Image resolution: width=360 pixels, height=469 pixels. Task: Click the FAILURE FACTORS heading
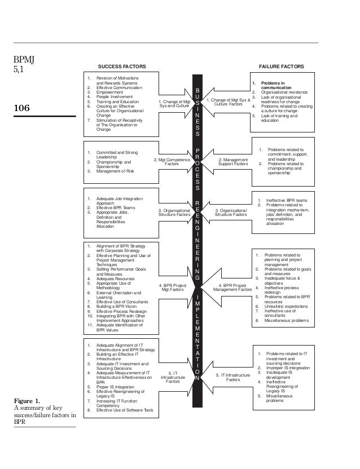[280, 67]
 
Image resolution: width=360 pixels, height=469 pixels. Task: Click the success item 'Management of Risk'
[115, 171]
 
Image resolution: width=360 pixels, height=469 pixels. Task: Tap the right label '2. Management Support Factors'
[231, 162]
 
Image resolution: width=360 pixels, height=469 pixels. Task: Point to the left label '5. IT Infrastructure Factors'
[173, 377]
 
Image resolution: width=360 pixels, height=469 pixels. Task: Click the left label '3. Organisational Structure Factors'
[175, 213]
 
